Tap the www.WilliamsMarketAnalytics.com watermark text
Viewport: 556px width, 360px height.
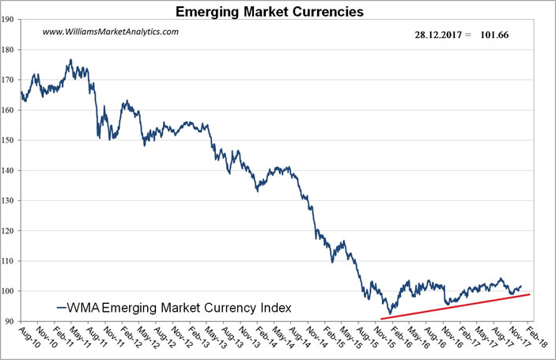click(110, 32)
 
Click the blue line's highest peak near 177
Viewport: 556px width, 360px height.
click(70, 59)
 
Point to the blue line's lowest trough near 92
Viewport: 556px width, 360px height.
click(389, 314)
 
